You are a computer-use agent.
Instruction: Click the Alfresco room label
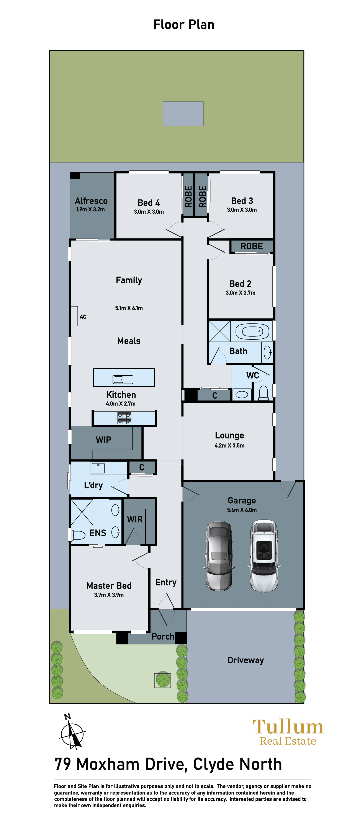(91, 201)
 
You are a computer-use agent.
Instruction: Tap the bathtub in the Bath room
(252, 331)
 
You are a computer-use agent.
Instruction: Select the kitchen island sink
(123, 379)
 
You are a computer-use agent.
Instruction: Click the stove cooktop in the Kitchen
(124, 418)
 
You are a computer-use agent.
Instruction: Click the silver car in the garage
(219, 556)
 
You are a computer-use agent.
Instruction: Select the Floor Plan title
(184, 25)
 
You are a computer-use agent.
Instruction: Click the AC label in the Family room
(83, 317)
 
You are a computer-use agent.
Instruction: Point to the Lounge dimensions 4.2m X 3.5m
(230, 445)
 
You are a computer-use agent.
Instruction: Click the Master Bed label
(109, 585)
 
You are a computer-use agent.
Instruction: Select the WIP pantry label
(104, 440)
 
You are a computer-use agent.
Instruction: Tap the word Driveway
(245, 660)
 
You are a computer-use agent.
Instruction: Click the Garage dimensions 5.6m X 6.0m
(242, 510)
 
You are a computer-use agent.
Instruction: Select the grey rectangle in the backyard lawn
(183, 114)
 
